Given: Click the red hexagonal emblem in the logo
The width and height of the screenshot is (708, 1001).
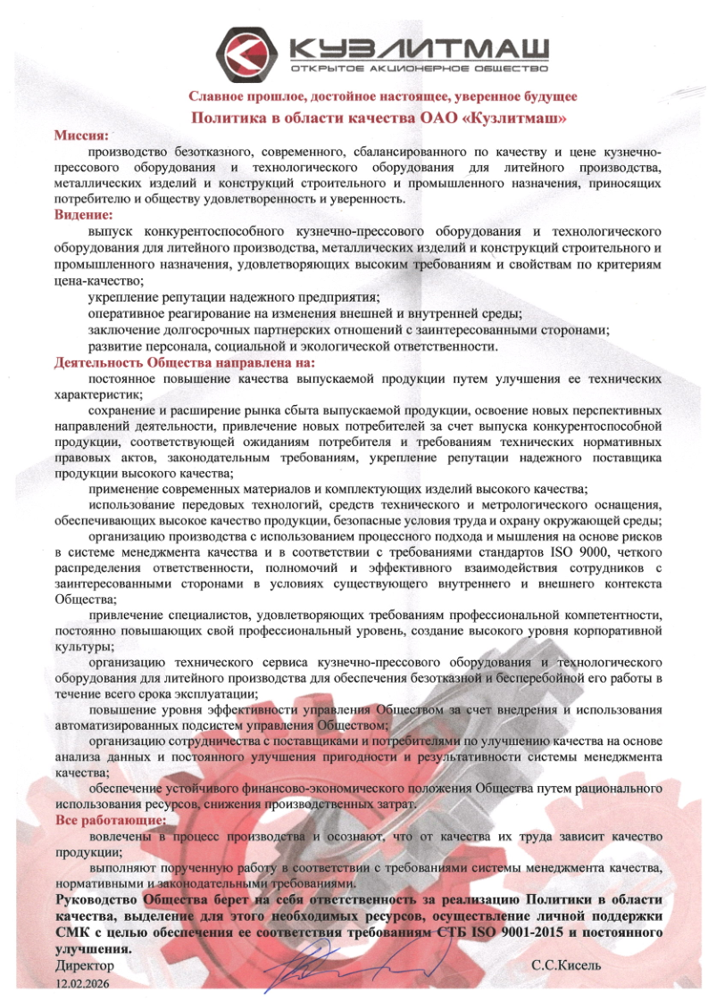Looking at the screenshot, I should tap(251, 53).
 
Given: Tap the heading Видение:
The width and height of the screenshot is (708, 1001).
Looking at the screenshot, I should tap(83, 215).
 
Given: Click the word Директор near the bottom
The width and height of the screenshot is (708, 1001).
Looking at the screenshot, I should tap(85, 965).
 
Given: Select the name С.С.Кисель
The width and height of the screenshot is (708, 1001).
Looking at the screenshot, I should tap(566, 965).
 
